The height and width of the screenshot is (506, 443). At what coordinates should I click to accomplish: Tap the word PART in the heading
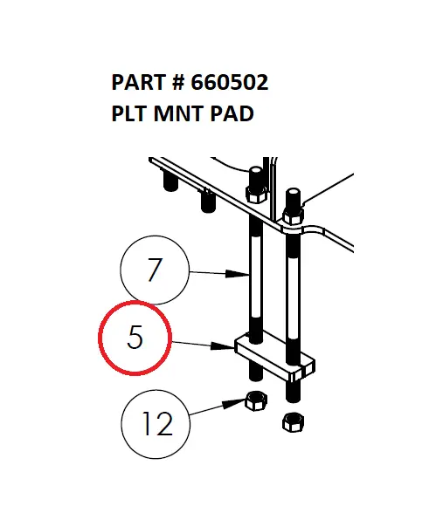(139, 84)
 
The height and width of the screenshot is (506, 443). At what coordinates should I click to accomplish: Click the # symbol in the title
(178, 84)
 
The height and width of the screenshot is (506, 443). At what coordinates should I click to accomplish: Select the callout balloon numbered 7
(155, 270)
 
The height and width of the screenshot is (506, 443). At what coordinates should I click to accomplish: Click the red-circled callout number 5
(135, 338)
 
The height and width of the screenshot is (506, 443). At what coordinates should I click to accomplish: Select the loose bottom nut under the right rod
(293, 423)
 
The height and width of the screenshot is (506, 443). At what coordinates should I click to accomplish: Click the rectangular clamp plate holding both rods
(273, 359)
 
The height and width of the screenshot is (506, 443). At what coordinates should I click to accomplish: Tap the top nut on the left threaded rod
(256, 194)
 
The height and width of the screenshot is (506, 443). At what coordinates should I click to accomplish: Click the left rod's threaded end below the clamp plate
(256, 371)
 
